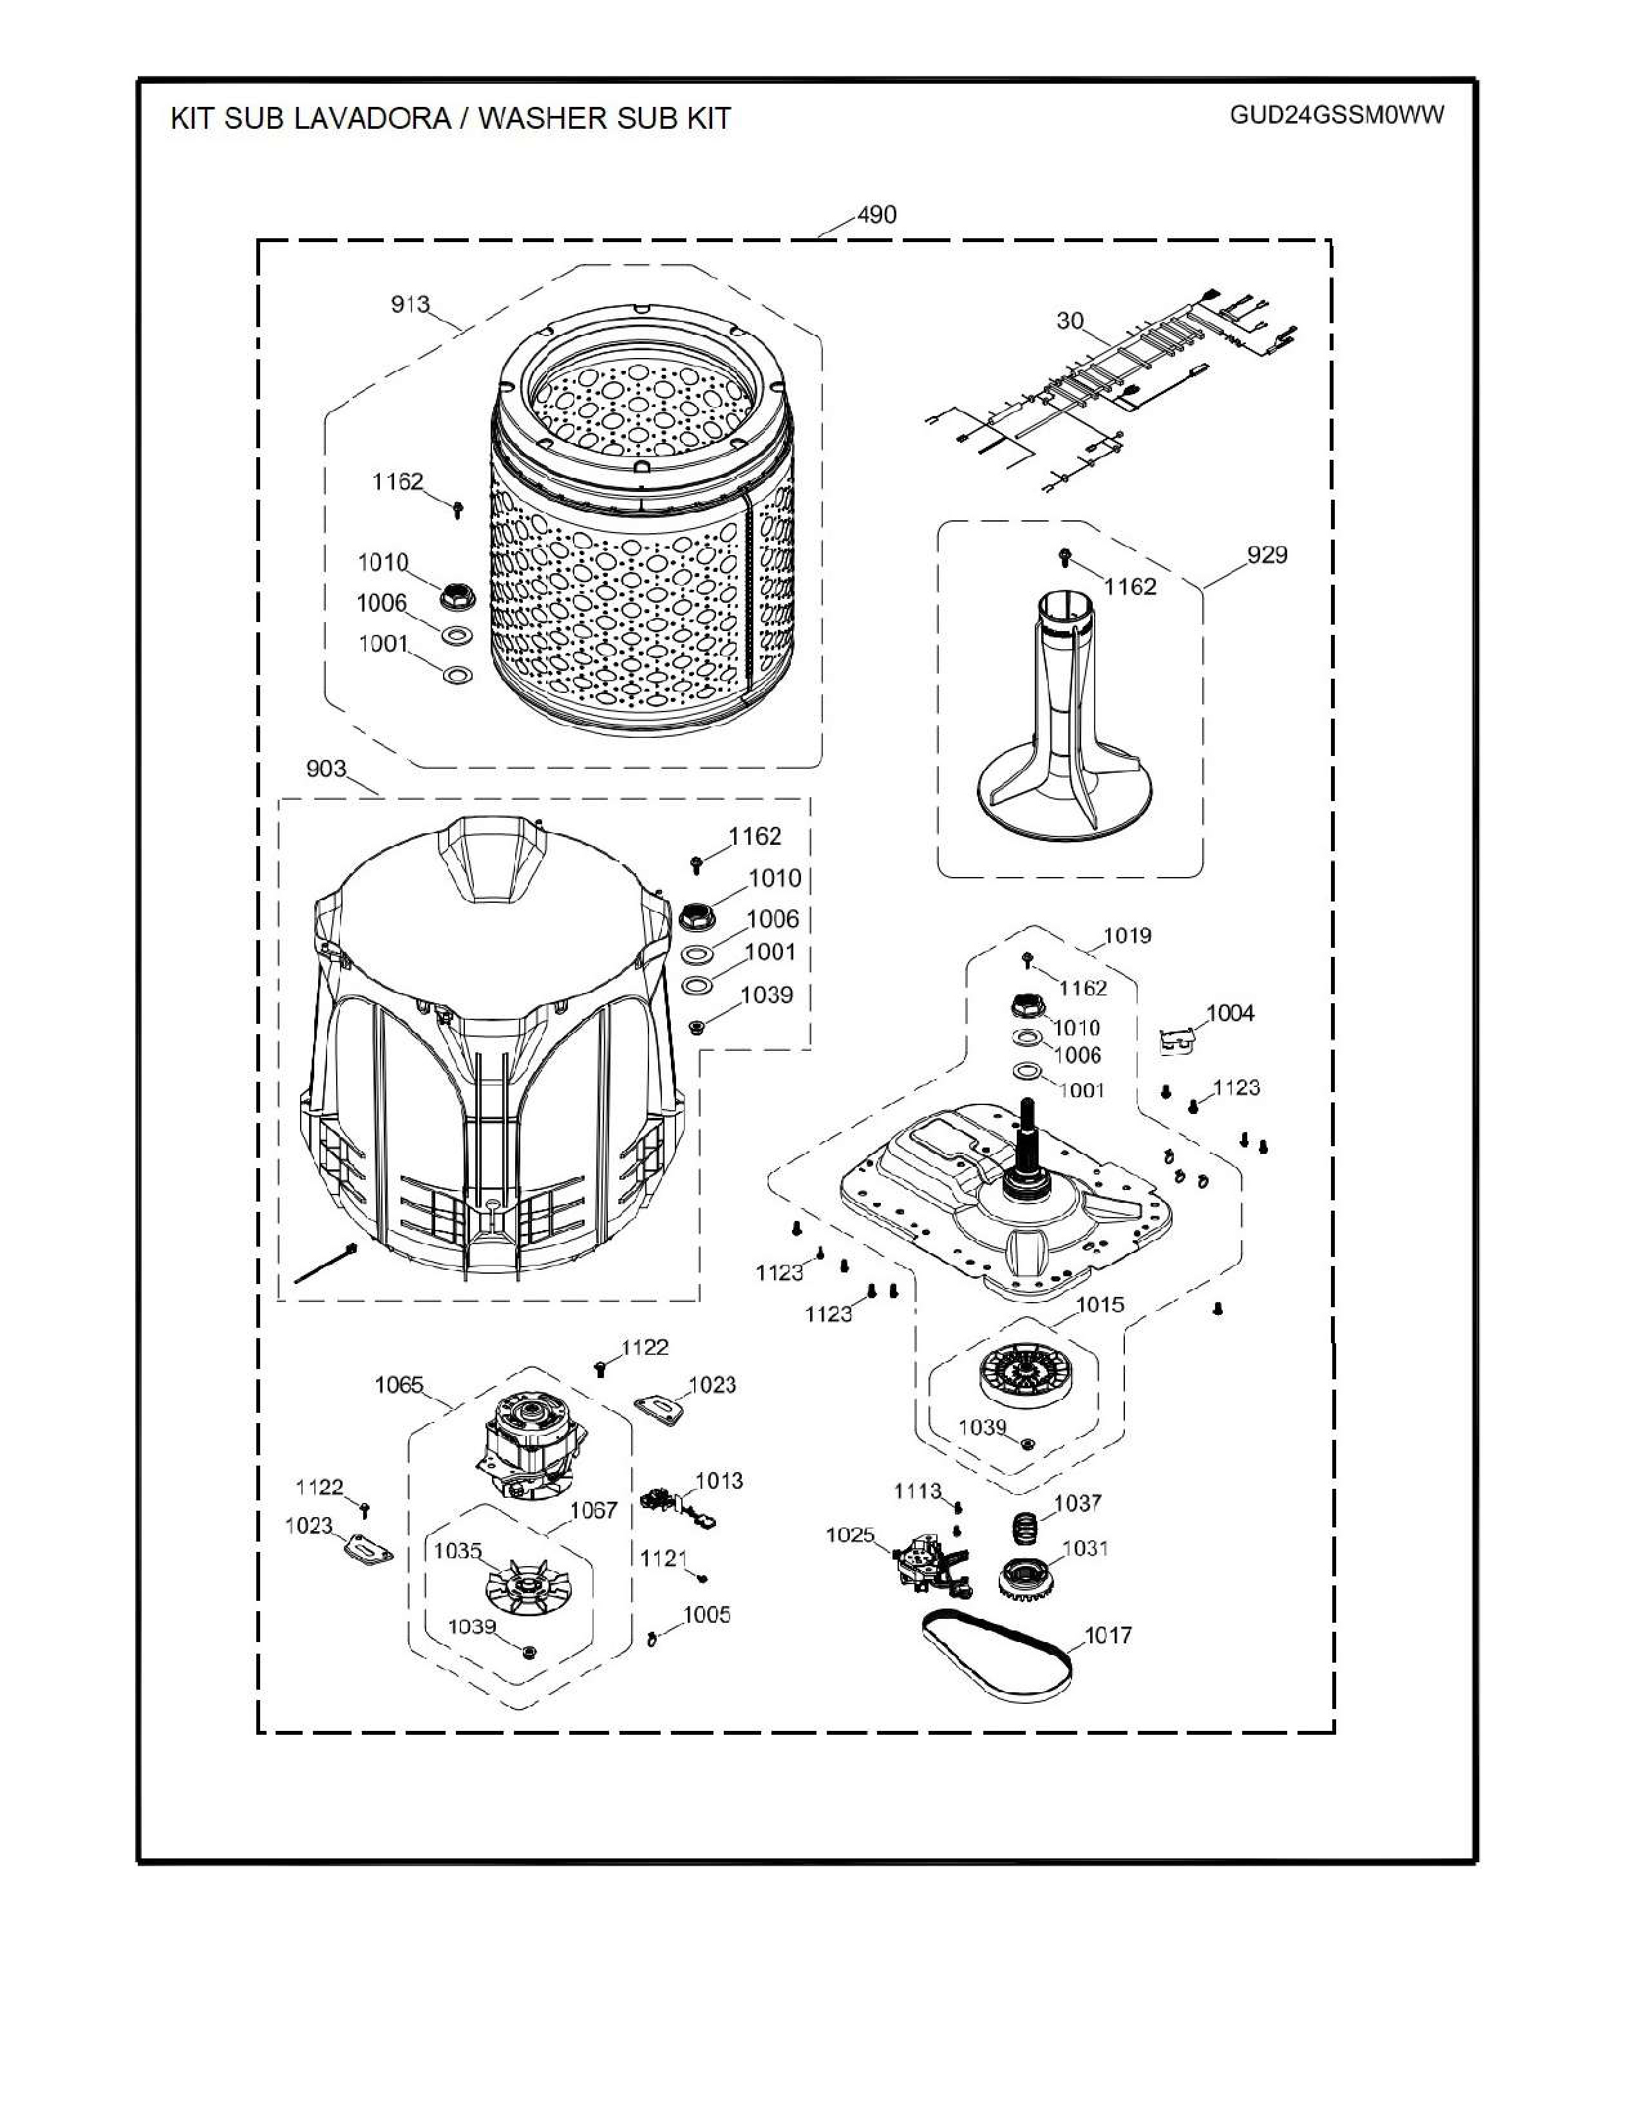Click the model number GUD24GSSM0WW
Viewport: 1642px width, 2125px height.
1337,115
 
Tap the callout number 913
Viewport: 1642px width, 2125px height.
410,305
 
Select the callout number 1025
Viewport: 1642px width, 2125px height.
850,1535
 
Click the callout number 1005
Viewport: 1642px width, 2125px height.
706,1614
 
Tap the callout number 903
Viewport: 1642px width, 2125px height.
326,769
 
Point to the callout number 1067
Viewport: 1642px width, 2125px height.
594,1509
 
